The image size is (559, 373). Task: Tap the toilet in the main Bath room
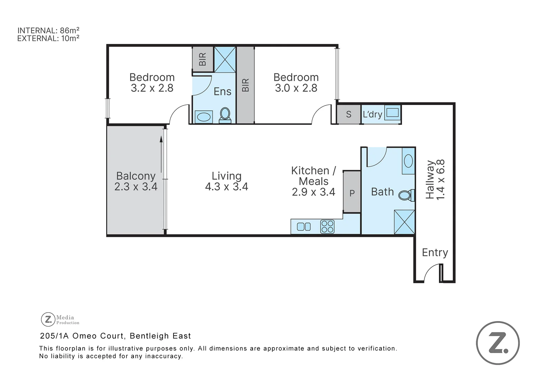pyautogui.click(x=405, y=195)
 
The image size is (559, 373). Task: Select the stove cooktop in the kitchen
pyautogui.click(x=327, y=227)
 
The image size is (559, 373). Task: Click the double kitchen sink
pyautogui.click(x=304, y=227)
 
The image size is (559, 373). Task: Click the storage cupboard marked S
pyautogui.click(x=349, y=114)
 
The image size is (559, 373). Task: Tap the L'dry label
pyautogui.click(x=372, y=114)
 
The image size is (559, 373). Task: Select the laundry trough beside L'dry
pyautogui.click(x=392, y=113)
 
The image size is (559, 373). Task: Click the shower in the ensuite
pyautogui.click(x=225, y=59)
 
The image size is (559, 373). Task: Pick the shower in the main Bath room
pyautogui.click(x=404, y=222)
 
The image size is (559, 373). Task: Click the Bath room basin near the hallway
pyautogui.click(x=408, y=161)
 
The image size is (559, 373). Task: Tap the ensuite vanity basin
pyautogui.click(x=204, y=117)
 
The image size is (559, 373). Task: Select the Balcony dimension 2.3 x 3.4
pyautogui.click(x=136, y=187)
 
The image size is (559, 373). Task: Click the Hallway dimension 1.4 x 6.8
pyautogui.click(x=441, y=179)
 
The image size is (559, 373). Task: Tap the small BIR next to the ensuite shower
pyautogui.click(x=203, y=59)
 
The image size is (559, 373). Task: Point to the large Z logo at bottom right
pyautogui.click(x=498, y=343)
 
